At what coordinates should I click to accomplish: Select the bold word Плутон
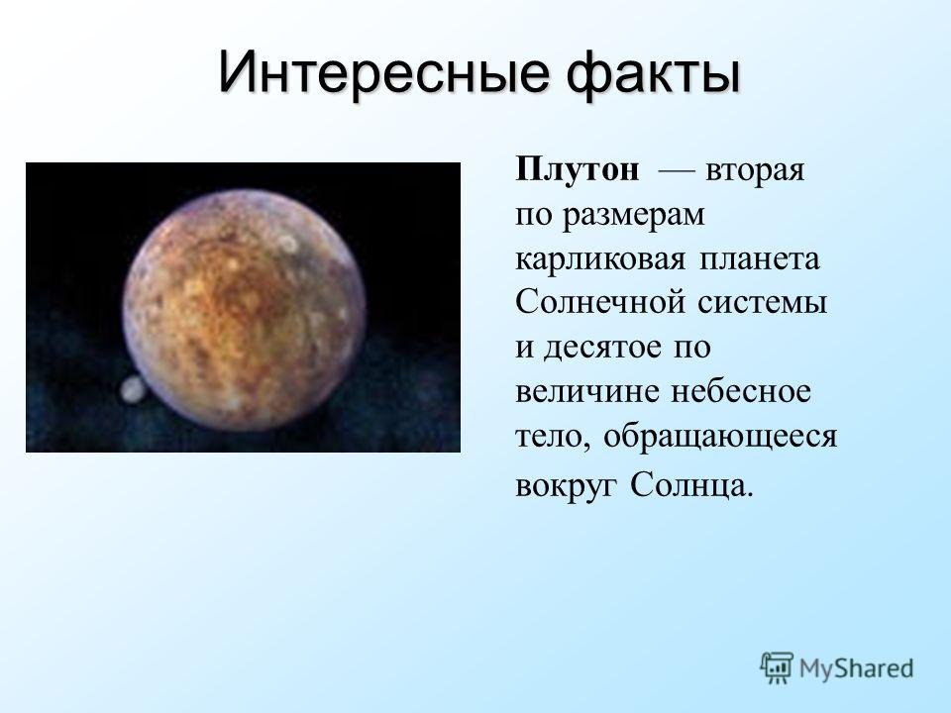577,169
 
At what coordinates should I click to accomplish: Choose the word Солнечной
600,301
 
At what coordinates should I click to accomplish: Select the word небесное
740,390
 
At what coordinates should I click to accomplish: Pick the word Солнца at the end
687,485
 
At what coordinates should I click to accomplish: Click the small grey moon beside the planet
132,388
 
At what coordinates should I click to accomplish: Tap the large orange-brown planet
244,310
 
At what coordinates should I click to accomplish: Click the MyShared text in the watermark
856,668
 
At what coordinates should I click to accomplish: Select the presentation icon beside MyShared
777,667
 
